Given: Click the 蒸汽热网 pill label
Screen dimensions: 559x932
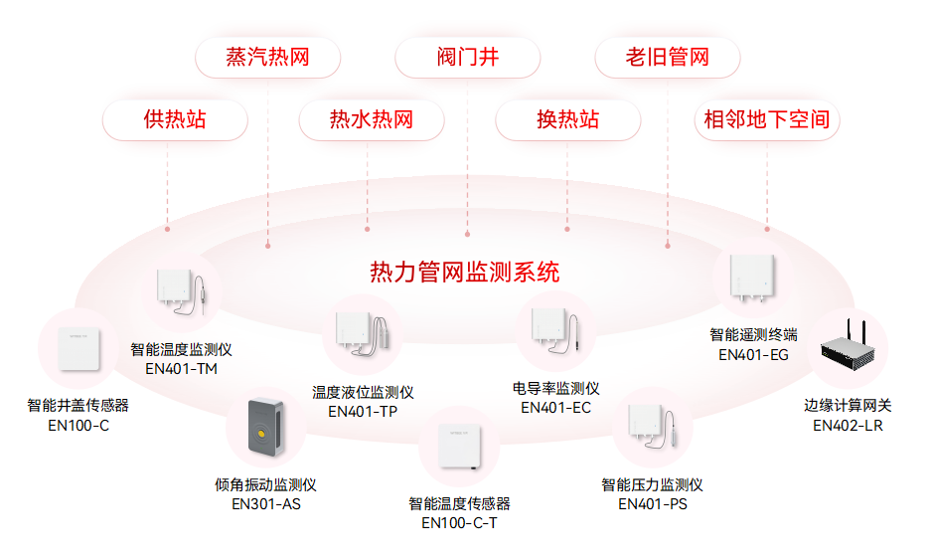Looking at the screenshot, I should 267,57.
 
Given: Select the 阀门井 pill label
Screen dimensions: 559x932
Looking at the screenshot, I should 467,57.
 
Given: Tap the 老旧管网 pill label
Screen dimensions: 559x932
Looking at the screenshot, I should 667,57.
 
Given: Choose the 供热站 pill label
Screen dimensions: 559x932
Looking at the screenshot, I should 175,120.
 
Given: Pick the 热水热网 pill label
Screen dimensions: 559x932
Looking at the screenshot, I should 371,120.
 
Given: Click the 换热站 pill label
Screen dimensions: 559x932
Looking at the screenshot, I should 567,120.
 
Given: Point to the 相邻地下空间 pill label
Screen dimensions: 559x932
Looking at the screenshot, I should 766,120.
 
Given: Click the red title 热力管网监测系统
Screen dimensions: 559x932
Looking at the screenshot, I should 464,272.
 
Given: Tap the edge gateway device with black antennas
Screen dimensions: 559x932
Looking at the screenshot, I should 851,349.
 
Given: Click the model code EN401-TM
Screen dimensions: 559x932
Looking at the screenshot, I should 181,369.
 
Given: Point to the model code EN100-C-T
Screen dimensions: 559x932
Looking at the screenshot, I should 459,523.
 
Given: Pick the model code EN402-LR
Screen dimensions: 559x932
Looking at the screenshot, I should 848,425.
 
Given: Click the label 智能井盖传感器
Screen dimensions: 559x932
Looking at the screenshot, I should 78,406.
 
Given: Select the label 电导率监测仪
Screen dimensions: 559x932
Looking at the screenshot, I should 555,388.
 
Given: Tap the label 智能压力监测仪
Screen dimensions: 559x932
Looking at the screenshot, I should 652,484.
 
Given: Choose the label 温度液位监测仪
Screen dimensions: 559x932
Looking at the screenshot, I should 363,393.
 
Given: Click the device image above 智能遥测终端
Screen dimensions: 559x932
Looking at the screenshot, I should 752,279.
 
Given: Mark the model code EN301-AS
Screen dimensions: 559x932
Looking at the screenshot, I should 265,504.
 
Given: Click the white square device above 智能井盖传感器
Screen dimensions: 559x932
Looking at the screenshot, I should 78,349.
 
